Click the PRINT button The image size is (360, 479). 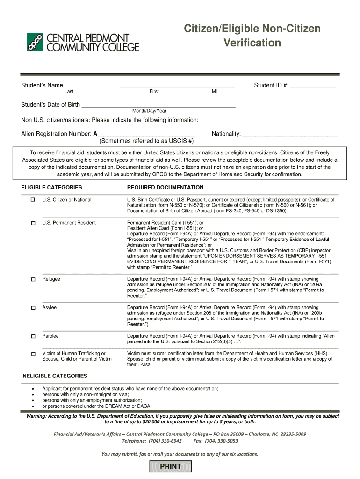pyautogui.click(x=171, y=466)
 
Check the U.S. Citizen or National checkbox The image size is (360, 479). pyautogui.click(x=33, y=200)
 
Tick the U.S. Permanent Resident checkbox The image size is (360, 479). pyautogui.click(x=33, y=223)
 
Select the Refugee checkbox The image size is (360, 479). pyautogui.click(x=33, y=279)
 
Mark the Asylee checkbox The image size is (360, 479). pyautogui.click(x=33, y=308)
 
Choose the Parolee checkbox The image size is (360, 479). pyautogui.click(x=33, y=336)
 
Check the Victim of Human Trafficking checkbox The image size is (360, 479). pyautogui.click(x=33, y=354)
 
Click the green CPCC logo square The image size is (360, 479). pyautogui.click(x=35, y=42)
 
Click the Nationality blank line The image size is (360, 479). pyautogui.click(x=290, y=134)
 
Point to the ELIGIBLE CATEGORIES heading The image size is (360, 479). pyautogui.click(x=51, y=188)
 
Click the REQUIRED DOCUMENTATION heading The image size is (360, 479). pyautogui.click(x=165, y=188)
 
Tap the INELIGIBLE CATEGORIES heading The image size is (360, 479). pyautogui.click(x=54, y=376)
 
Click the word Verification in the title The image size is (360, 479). pyautogui.click(x=252, y=43)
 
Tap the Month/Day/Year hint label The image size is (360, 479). pyautogui.click(x=149, y=111)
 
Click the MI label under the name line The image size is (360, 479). pyautogui.click(x=214, y=92)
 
